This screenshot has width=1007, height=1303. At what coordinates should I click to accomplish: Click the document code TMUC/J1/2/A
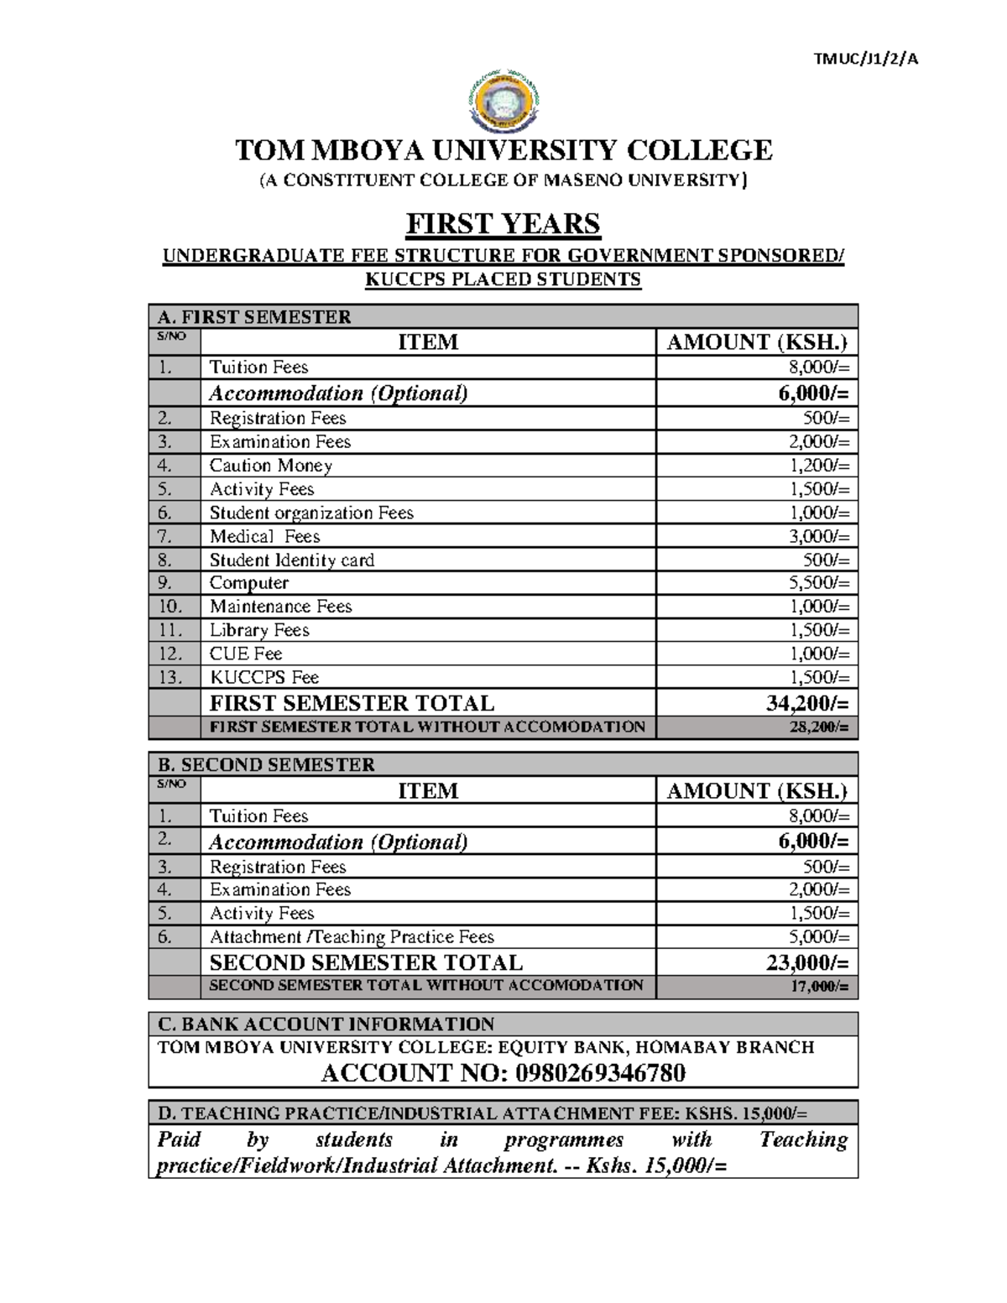coord(866,59)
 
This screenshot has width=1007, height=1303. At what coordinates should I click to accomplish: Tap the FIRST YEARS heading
coord(503,224)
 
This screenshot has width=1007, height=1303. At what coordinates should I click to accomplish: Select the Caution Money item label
coord(270,466)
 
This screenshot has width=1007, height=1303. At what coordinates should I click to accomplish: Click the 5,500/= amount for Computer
coord(826,583)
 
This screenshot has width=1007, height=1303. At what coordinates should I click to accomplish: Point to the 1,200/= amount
coord(826,466)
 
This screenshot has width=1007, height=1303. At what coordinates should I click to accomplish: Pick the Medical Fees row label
coord(264,536)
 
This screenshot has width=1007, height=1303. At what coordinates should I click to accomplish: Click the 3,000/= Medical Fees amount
coord(826,536)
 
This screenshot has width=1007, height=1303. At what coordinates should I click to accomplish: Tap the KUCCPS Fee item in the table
coord(263,677)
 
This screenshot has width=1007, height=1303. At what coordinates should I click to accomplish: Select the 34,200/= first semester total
coord(807,703)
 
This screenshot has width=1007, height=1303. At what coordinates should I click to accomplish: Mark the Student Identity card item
coord(291,560)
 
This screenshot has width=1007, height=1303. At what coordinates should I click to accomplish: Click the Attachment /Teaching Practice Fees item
coord(352,937)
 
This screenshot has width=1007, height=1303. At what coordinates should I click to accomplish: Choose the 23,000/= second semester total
coord(807,962)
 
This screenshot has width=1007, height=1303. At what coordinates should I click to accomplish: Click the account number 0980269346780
coord(601,1073)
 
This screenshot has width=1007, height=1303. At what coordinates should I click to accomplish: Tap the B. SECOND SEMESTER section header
coord(266,764)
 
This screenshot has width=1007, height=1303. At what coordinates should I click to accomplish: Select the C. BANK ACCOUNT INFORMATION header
coord(326,1024)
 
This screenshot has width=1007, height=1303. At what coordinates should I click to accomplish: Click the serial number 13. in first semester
coord(170,677)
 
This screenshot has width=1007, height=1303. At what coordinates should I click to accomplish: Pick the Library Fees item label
coord(259,630)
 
